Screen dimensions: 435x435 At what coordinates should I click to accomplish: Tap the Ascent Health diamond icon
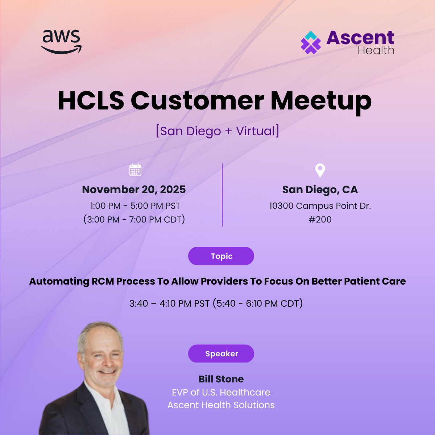(x=311, y=43)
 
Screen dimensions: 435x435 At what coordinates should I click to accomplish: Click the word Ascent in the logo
(x=360, y=38)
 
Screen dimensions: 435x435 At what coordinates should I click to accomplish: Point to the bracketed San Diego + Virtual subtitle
(x=217, y=131)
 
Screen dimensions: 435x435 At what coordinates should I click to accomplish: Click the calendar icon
(x=135, y=170)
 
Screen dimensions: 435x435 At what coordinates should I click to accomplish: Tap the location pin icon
(x=320, y=170)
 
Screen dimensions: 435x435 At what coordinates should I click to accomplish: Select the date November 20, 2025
(x=134, y=190)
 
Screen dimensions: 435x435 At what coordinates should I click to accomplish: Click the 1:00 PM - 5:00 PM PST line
(x=135, y=206)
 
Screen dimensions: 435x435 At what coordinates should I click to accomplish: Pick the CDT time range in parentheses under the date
(x=134, y=219)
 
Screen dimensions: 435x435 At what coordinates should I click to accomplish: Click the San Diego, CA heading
(x=320, y=190)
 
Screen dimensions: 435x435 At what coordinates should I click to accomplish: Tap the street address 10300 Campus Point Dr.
(x=320, y=206)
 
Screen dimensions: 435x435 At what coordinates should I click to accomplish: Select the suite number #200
(x=320, y=219)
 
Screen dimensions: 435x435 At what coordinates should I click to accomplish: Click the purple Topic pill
(x=221, y=256)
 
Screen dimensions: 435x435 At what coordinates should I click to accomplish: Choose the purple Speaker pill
(x=221, y=353)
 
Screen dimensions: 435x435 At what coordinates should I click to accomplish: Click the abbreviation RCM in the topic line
(x=103, y=281)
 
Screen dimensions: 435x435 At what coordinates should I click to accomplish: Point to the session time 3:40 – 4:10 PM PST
(x=169, y=303)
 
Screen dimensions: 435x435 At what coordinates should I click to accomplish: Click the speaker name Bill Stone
(x=221, y=379)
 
